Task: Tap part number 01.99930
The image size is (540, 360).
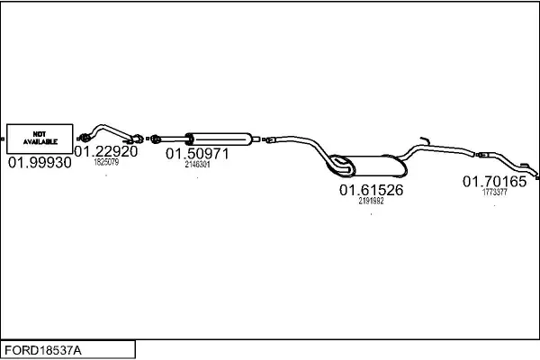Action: point(40,165)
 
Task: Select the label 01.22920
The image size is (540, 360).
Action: point(106,152)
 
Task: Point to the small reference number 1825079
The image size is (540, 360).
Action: point(106,163)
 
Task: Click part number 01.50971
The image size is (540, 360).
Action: point(197,154)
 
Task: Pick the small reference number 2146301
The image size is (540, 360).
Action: point(197,165)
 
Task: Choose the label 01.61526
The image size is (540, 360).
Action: point(371,191)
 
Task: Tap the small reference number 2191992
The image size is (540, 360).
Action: point(371,202)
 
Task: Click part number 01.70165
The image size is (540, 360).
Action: point(494,182)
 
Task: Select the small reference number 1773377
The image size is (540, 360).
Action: point(494,192)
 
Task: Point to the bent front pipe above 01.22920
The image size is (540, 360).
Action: point(110,129)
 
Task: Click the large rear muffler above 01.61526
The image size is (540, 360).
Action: point(369,166)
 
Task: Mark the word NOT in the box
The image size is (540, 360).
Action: point(40,133)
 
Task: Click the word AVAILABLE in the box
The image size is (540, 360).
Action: point(40,142)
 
